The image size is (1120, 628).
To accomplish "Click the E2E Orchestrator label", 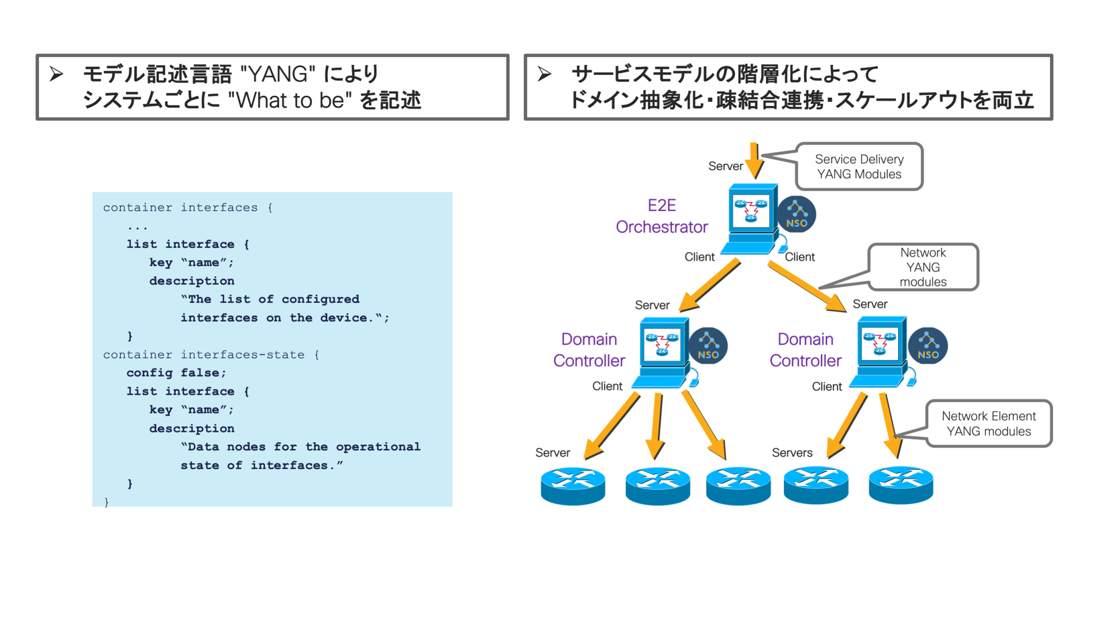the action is [x=661, y=216].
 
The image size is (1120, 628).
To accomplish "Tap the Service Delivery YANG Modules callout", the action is [x=859, y=166].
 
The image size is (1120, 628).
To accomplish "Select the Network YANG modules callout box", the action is [x=923, y=267].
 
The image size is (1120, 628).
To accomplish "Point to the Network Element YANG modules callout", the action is [x=989, y=424].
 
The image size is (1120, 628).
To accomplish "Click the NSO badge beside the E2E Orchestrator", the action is [x=797, y=214].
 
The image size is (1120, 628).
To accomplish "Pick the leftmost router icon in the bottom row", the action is [x=573, y=486].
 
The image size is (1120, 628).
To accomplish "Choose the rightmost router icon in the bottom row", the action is [x=901, y=485].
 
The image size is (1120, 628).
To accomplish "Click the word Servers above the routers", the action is [x=792, y=452].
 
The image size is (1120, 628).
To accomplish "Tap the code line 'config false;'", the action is [x=176, y=373].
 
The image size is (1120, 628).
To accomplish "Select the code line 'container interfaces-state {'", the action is [x=211, y=355].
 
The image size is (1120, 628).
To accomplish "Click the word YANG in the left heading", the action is [x=278, y=74].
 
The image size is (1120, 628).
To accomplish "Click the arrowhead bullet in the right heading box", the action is [x=545, y=74].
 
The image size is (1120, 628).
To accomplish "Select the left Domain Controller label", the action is [x=589, y=350].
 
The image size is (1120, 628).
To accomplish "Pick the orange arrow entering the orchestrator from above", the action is [x=754, y=161].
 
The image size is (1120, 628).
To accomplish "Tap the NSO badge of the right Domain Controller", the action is [x=928, y=346].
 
